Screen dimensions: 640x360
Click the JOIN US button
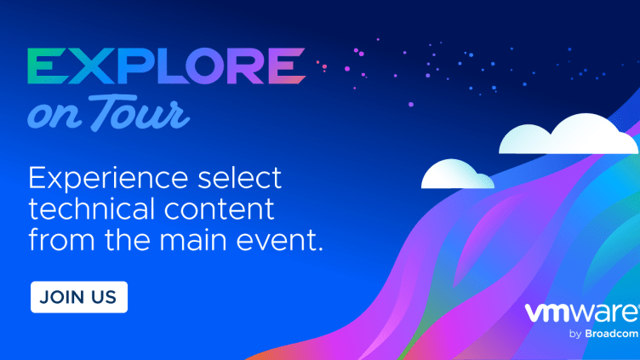[x=79, y=297]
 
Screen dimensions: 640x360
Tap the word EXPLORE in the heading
[x=167, y=66]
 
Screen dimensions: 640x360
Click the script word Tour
[x=139, y=112]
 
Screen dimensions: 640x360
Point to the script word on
[x=54, y=116]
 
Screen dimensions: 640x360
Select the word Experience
[x=108, y=179]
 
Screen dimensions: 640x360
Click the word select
[x=240, y=178]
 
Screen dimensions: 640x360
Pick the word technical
[x=91, y=209]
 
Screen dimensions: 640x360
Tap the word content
[x=220, y=209]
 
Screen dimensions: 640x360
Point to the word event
[x=280, y=240]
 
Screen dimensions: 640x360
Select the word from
[x=61, y=240]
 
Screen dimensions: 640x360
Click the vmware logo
[x=582, y=313]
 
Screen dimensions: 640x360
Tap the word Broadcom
[x=611, y=334]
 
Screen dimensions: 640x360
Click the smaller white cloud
[x=458, y=174]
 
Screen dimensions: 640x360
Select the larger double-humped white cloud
[x=569, y=134]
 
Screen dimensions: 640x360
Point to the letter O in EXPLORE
[x=206, y=66]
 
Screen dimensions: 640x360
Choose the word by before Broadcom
[x=575, y=334]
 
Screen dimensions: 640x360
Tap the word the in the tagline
[x=127, y=239]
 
